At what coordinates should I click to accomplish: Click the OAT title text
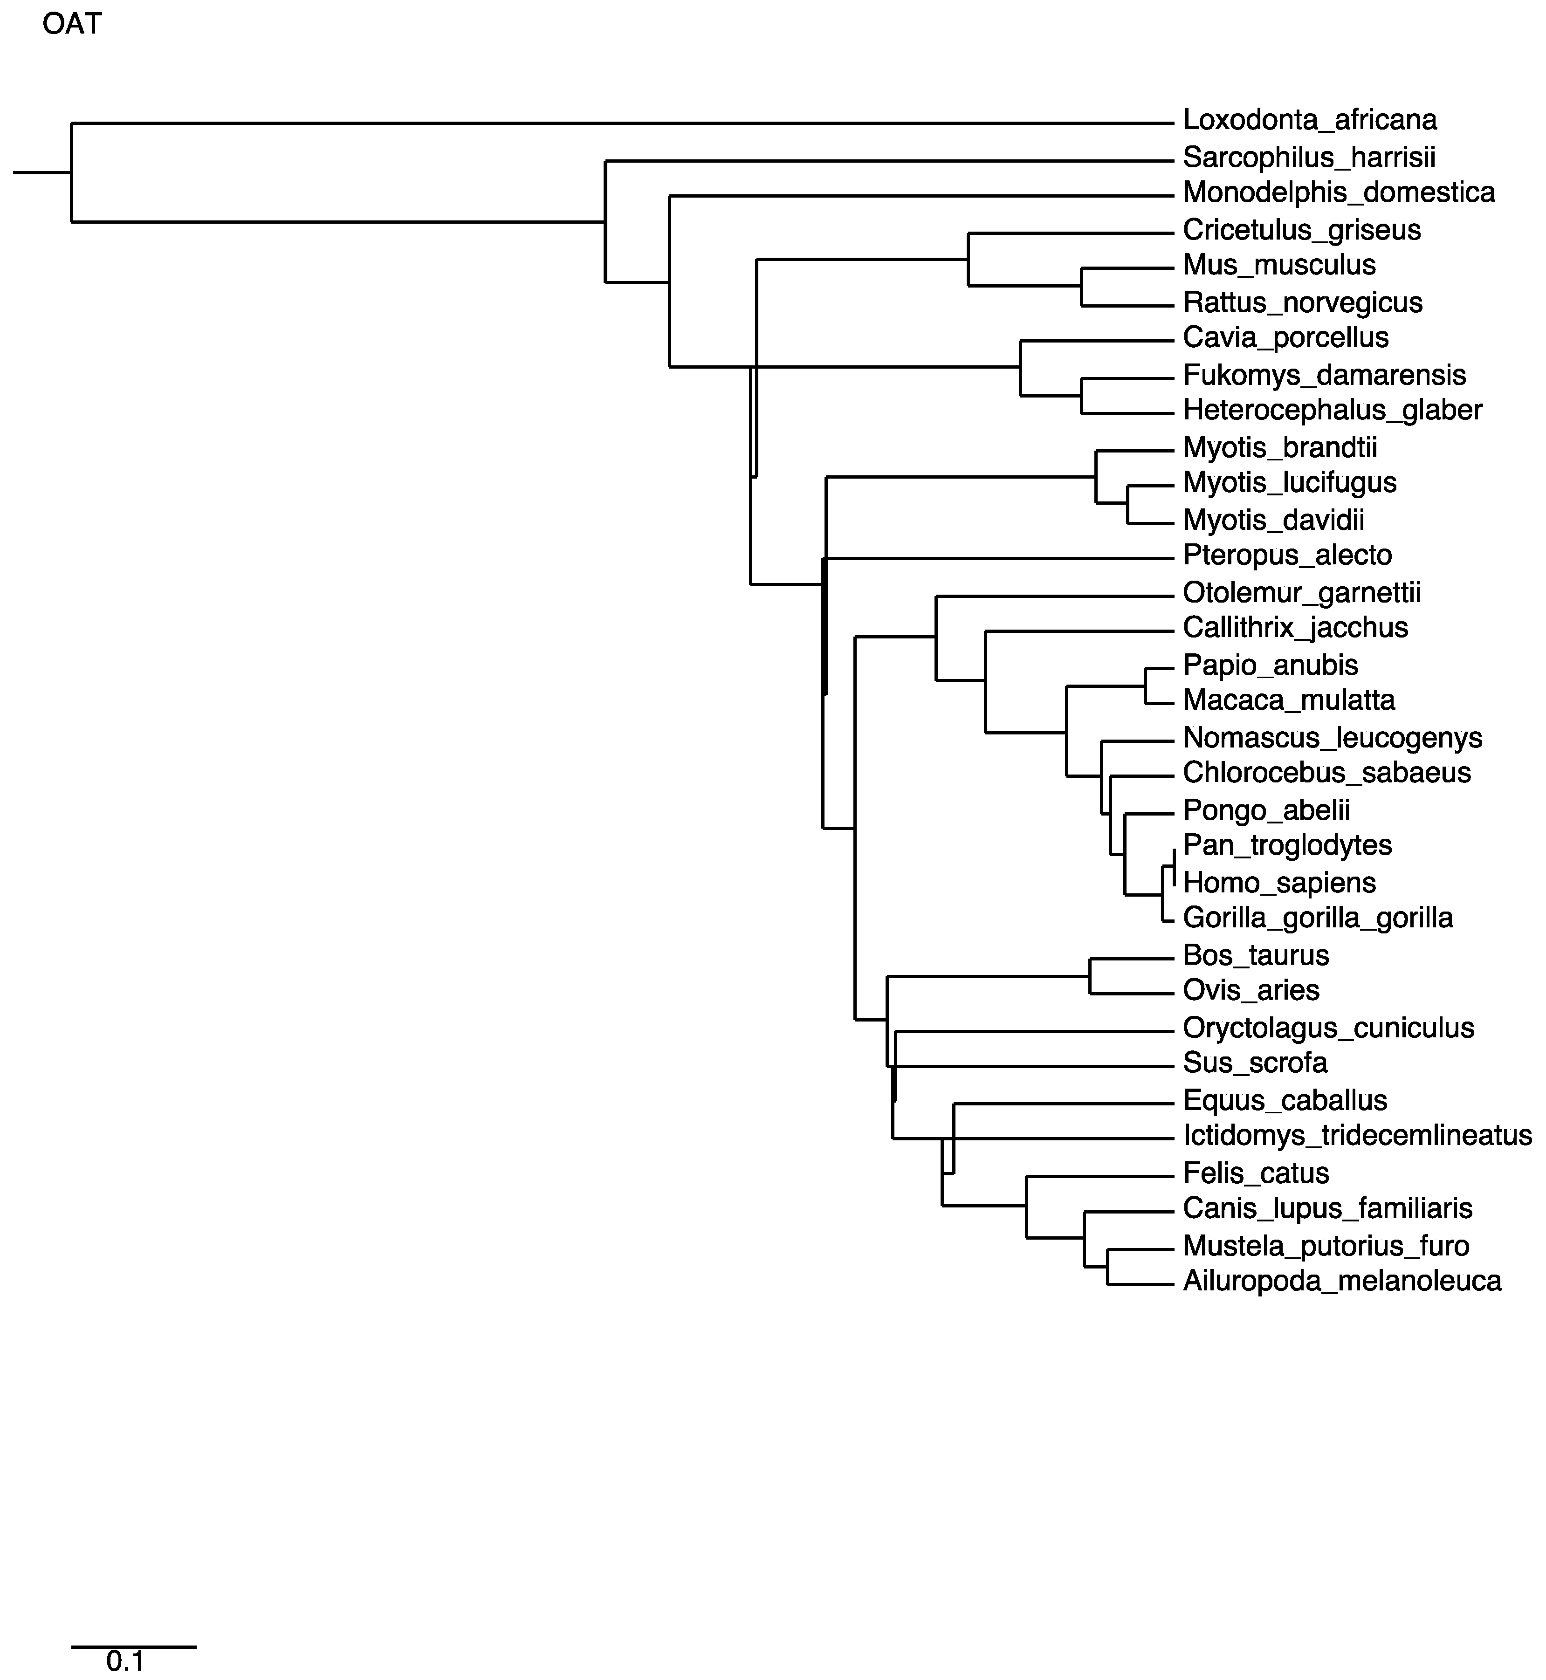point(72,24)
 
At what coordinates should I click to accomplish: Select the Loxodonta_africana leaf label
point(1309,121)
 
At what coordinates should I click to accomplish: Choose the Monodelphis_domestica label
point(1339,193)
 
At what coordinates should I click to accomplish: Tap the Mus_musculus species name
point(1279,265)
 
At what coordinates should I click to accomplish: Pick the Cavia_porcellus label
point(1286,338)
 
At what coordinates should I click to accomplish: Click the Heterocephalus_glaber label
point(1333,411)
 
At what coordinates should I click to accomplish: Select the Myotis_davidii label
point(1273,521)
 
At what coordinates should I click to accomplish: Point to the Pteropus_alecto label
point(1287,555)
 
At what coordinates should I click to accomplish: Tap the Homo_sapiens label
point(1279,883)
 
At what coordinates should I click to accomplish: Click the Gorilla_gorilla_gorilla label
point(1318,919)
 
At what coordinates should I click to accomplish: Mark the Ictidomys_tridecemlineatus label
point(1357,1136)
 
